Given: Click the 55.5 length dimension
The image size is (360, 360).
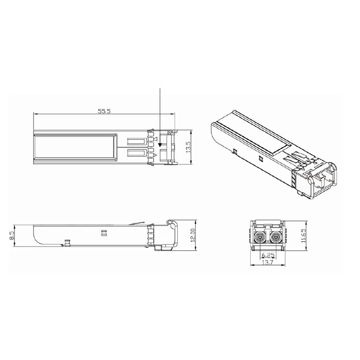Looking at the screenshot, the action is click(104, 111).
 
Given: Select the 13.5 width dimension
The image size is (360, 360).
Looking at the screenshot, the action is click(188, 147).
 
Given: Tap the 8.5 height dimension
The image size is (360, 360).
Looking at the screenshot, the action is click(12, 236).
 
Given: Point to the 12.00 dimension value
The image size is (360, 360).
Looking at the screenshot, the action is click(193, 235).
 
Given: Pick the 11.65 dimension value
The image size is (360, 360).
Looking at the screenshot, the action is click(303, 235).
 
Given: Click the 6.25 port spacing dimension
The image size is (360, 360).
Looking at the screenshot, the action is click(268, 255).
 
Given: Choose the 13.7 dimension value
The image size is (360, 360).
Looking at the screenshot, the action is click(267, 262).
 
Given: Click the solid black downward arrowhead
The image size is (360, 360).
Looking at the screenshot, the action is click(160, 144).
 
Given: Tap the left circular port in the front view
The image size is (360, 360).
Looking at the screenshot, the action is click(261, 237).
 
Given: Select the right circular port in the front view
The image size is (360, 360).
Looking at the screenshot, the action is click(275, 237).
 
